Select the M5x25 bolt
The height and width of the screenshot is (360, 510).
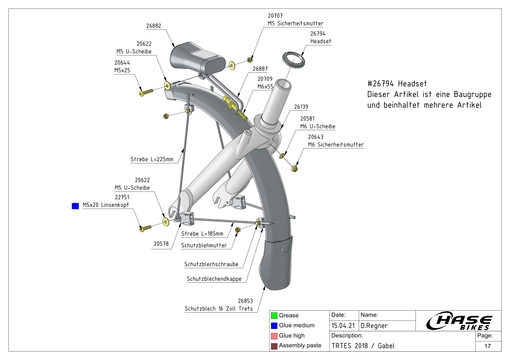[146, 92]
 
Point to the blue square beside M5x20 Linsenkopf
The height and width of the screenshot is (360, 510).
[75, 206]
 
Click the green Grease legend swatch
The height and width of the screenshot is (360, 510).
[274, 315]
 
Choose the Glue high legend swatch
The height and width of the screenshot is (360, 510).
[274, 336]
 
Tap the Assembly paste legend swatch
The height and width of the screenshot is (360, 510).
[274, 346]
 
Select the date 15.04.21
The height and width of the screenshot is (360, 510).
[343, 326]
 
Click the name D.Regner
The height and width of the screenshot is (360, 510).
[374, 326]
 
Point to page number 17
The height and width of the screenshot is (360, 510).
[488, 346]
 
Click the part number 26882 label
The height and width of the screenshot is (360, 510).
[154, 26]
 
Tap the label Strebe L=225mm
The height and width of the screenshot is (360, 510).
[152, 159]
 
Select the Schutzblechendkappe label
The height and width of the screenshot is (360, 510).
[214, 279]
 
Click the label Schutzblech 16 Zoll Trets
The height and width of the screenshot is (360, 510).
[219, 309]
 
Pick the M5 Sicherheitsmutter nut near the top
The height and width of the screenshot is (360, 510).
[249, 60]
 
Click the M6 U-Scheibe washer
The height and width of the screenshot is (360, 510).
[281, 156]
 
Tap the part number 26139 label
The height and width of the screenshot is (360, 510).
[301, 107]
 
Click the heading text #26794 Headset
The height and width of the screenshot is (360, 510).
[397, 84]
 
